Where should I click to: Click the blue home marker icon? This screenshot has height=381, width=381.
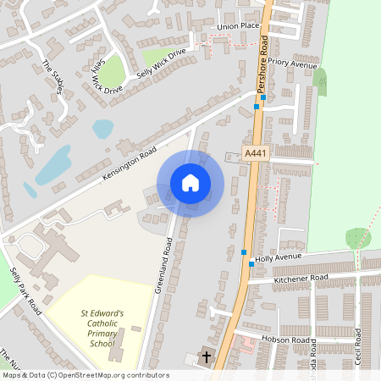pyautogui.click(x=190, y=183)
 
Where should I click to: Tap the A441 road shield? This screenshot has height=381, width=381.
pyautogui.click(x=255, y=153)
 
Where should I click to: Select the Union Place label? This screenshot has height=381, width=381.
pyautogui.click(x=238, y=26)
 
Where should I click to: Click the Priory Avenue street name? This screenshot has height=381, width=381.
pyautogui.click(x=293, y=63)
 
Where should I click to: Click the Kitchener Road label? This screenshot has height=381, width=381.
pyautogui.click(x=301, y=278)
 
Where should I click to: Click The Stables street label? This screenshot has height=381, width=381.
pyautogui.click(x=52, y=76)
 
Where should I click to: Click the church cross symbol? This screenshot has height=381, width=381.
pyautogui.click(x=206, y=357)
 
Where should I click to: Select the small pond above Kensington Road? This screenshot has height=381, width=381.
pyautogui.click(x=102, y=129)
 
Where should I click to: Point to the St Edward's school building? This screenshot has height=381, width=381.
pyautogui.click(x=119, y=343)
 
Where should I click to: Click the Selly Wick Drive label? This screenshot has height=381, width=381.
pyautogui.click(x=161, y=63)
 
